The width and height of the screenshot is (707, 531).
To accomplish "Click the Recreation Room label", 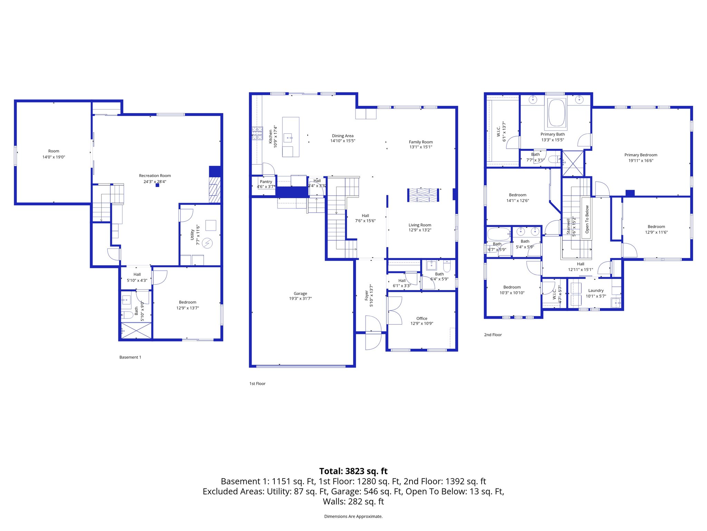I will (155, 176).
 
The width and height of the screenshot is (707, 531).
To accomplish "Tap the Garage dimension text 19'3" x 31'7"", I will (300, 299).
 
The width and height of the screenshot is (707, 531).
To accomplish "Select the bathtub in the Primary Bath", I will (556, 113).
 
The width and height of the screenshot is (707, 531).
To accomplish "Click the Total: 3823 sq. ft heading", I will (353, 471).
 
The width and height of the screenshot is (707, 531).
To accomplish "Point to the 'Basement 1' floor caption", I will (130, 357).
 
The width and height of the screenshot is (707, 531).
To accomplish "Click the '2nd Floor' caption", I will (493, 335).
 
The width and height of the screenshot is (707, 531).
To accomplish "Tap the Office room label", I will (422, 318).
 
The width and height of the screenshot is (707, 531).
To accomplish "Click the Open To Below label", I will (587, 219).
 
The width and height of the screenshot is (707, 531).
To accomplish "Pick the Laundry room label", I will (596, 290).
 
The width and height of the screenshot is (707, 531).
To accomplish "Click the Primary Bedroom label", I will (641, 155).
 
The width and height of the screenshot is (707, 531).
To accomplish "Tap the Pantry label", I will (266, 181).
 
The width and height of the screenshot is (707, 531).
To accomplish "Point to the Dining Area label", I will (342, 136).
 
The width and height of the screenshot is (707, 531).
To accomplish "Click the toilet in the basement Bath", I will (127, 315).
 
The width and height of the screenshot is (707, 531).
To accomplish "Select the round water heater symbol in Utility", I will (207, 243).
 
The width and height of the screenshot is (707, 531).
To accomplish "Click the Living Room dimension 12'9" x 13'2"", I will (420, 230).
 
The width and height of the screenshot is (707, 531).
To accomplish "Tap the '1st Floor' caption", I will (257, 383).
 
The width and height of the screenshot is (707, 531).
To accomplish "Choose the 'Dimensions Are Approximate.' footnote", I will (353, 516).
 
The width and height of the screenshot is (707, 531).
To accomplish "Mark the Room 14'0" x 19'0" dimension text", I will (54, 157).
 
